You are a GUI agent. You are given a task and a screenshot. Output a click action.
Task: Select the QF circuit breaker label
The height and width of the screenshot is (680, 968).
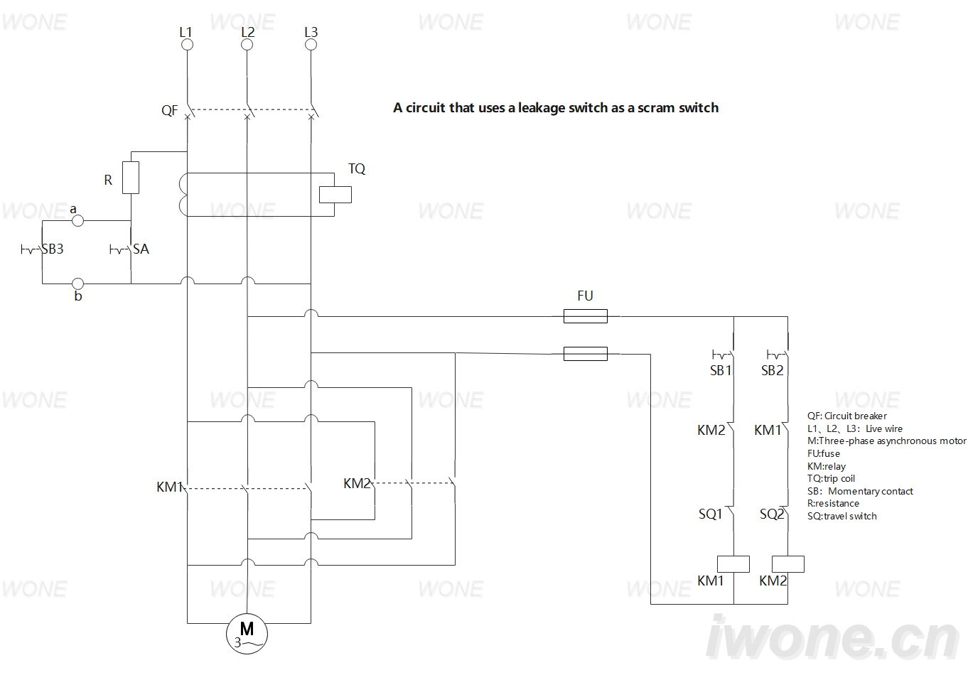coord(169,111)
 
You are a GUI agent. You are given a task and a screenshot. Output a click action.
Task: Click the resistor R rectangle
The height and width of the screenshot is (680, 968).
coord(131,178)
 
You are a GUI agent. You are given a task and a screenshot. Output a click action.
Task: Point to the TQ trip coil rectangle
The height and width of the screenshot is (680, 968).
coord(335,195)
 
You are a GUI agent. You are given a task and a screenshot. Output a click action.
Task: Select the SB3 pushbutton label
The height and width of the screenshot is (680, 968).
coord(53,249)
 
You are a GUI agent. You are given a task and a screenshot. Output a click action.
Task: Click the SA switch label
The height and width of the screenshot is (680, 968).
coord(141,249)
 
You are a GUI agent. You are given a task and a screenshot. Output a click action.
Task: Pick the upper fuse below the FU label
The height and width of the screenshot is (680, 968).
coord(586,316)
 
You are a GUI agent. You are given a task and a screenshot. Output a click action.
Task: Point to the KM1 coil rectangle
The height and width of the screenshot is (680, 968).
coord(733,564)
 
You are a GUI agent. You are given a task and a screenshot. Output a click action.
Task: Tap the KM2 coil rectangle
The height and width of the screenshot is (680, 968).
coord(787,564)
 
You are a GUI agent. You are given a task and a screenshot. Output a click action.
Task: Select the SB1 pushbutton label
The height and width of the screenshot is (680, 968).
coord(721,370)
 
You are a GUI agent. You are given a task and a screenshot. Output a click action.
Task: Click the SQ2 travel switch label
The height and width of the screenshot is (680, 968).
coord(772,514)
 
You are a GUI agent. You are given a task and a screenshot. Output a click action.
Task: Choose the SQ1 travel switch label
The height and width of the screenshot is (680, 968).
coord(711,514)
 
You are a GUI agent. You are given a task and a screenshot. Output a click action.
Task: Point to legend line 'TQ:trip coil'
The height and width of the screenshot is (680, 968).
coord(831,478)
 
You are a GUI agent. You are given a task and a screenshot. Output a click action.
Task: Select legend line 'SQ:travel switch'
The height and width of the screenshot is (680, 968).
coord(841,516)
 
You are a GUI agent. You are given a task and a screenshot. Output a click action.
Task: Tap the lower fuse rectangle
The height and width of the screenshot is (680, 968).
coord(586,354)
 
